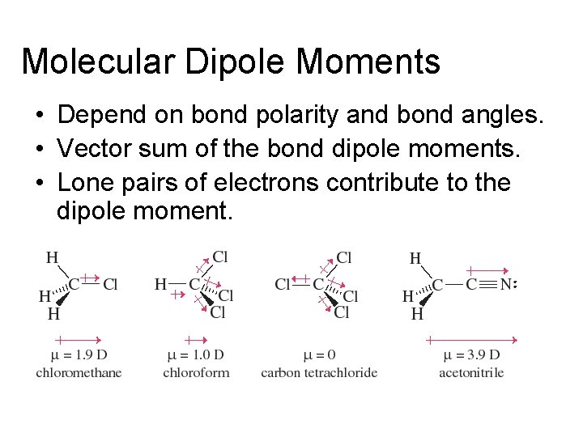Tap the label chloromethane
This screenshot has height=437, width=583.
click(79, 373)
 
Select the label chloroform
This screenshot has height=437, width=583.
click(196, 373)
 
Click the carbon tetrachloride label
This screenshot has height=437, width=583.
click(319, 373)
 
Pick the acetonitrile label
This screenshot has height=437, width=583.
click(471, 373)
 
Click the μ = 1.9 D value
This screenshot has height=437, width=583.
click(79, 355)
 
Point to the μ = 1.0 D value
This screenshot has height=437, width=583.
click(195, 355)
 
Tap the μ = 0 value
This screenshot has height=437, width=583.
click(319, 355)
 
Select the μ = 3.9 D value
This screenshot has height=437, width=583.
click(471, 355)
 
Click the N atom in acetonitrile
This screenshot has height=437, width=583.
click(506, 285)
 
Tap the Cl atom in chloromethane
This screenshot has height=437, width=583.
click(111, 285)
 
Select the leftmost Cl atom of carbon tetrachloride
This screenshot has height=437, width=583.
click(283, 285)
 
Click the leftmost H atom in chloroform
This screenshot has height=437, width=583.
click(160, 285)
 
